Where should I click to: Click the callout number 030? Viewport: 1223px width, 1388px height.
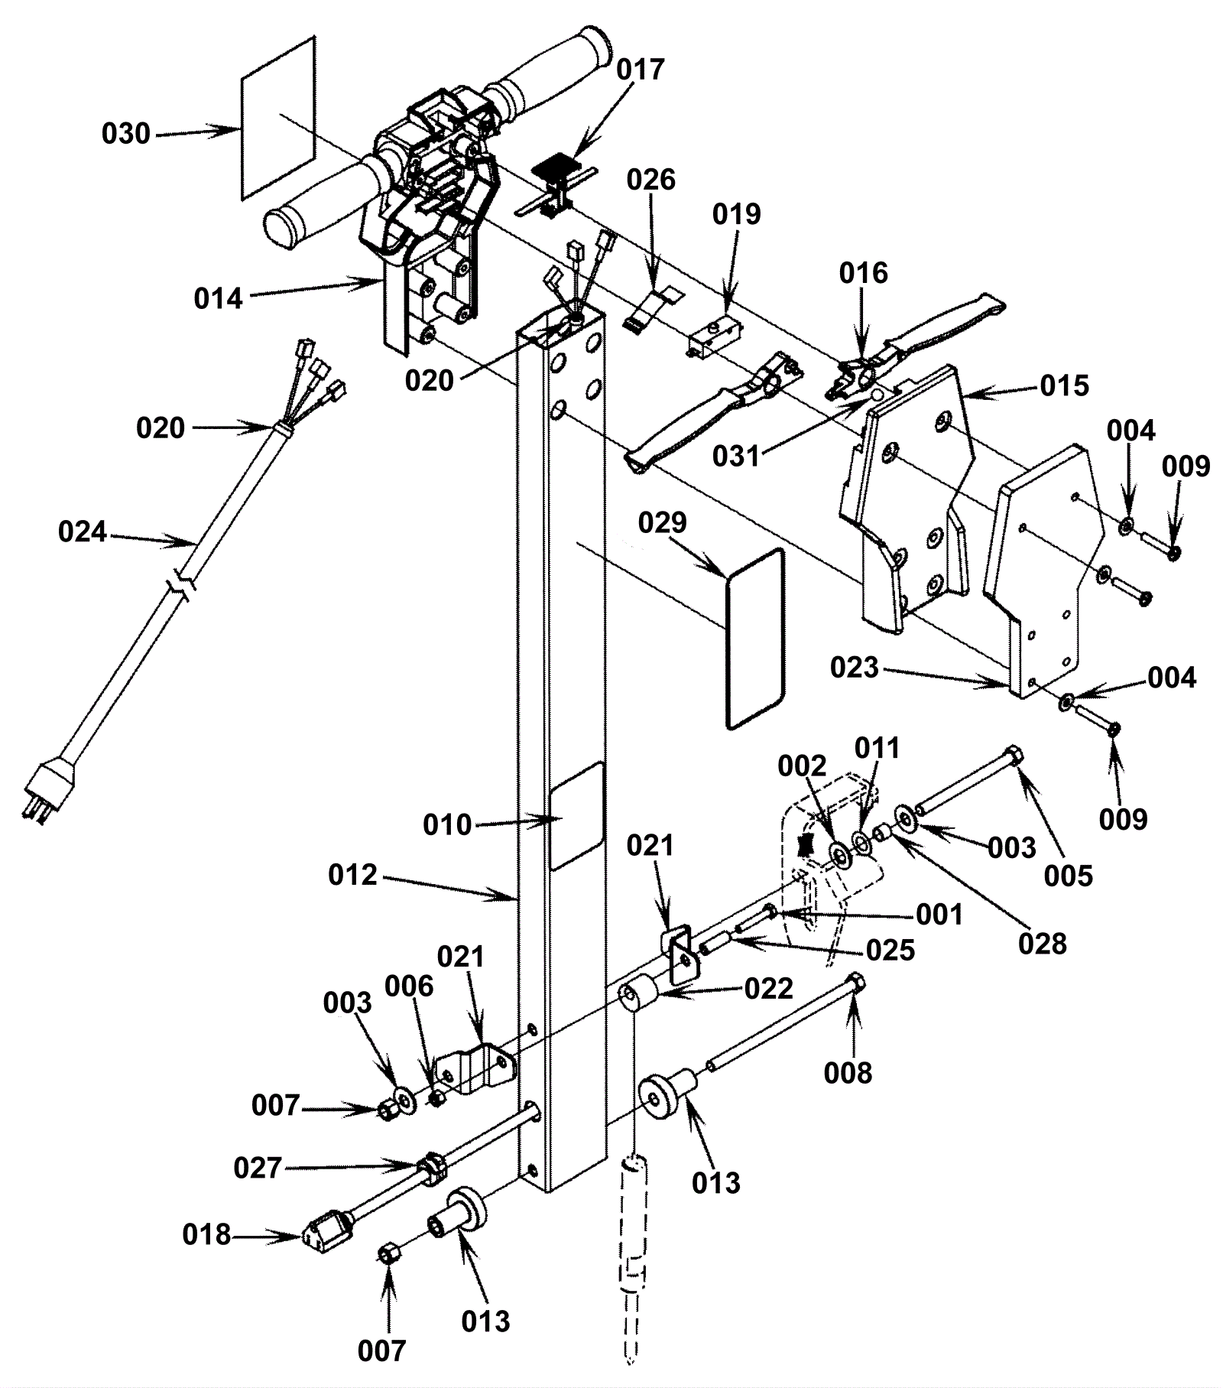(x=126, y=134)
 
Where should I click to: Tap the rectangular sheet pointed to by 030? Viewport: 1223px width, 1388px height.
(x=277, y=119)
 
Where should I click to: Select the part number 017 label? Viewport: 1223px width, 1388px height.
(x=641, y=70)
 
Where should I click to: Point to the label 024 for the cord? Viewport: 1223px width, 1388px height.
(x=83, y=531)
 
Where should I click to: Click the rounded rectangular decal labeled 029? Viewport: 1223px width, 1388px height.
(x=754, y=637)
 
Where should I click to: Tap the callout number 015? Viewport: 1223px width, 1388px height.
(x=1065, y=386)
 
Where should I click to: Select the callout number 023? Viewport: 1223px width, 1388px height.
(x=854, y=668)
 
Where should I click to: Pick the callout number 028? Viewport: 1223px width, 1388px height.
(x=1043, y=944)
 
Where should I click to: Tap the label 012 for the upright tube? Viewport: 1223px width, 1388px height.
(x=353, y=875)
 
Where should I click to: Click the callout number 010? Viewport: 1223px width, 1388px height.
(x=448, y=825)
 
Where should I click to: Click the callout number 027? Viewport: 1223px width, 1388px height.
(x=258, y=1168)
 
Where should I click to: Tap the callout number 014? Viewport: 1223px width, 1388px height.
(x=219, y=298)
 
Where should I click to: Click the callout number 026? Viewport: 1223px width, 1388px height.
(x=651, y=180)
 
